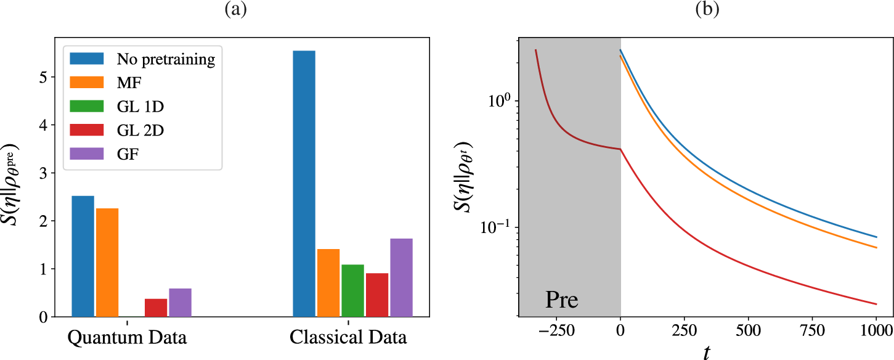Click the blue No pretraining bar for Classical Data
coord(304,184)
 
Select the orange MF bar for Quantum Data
coord(107,263)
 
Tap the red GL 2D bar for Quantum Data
coord(156,308)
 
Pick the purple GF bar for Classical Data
coord(401,277)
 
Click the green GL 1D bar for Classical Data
coord(352,290)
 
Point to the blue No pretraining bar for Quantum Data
coord(83,256)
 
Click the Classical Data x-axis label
coord(348,338)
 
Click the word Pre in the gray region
coord(562,300)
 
